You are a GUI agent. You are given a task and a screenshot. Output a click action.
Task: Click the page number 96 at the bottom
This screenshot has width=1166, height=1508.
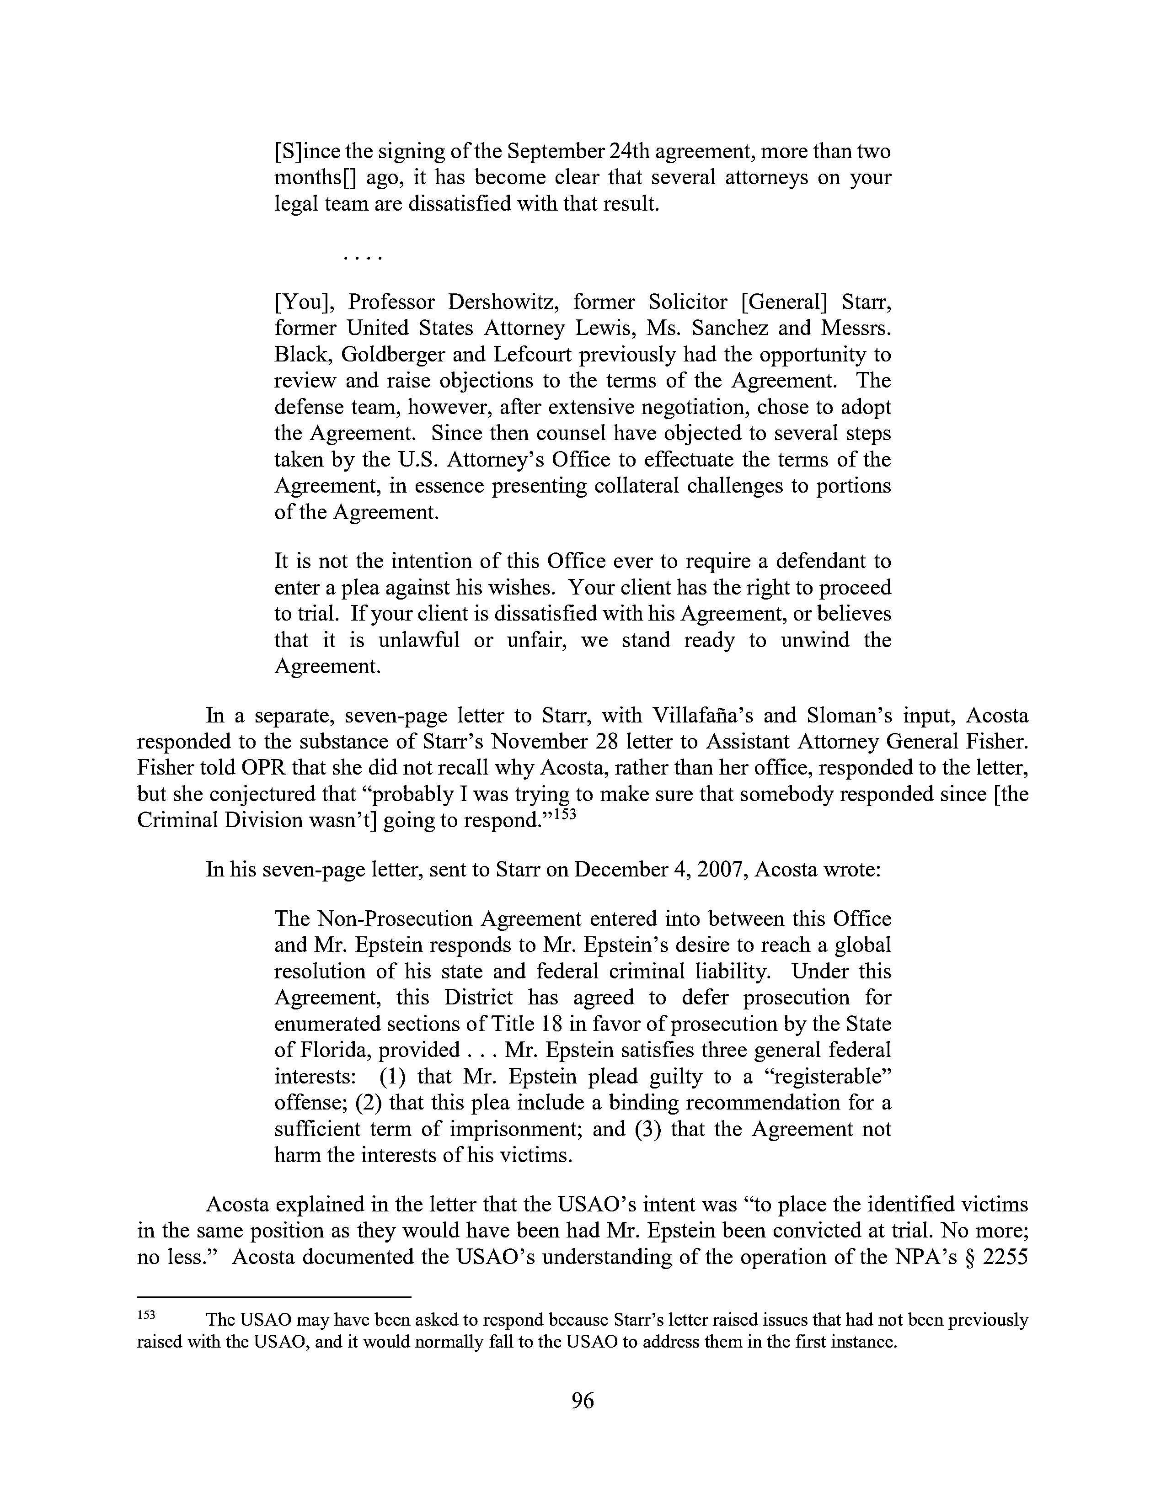[582, 1401]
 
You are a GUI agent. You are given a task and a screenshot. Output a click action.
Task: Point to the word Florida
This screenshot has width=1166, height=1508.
[322, 1050]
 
